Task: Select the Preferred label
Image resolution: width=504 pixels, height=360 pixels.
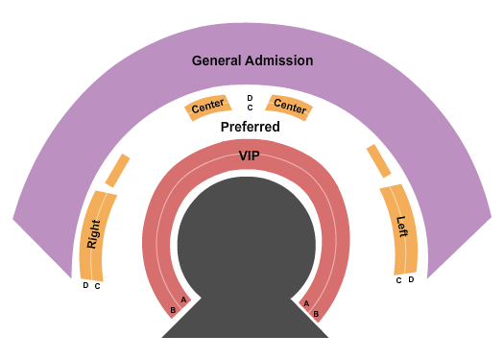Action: coord(250,127)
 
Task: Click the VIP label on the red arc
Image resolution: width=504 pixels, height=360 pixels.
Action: coord(249,156)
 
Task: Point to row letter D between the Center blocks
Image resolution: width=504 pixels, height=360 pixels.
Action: coord(250,98)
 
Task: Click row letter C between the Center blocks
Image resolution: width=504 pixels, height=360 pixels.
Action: coord(250,108)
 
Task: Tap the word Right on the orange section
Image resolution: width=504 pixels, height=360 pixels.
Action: coord(93,232)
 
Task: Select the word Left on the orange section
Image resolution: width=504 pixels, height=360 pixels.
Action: coord(402,227)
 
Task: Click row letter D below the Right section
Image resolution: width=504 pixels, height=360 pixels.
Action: coord(85,285)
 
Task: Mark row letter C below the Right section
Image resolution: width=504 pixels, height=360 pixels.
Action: coord(97,286)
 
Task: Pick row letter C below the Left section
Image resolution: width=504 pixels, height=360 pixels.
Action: coord(398,280)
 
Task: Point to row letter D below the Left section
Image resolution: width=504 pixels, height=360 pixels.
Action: coord(411,279)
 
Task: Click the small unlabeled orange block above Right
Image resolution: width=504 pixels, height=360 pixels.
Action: coord(117,170)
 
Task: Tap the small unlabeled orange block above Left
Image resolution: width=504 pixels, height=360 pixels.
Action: coord(378,161)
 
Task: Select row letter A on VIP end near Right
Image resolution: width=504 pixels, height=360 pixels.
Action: coord(182,300)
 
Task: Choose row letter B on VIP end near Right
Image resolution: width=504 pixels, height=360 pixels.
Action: coord(173,310)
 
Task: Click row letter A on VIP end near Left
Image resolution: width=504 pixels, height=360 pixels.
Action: coord(306,303)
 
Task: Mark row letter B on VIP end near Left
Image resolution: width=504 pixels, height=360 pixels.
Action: coord(316,313)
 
